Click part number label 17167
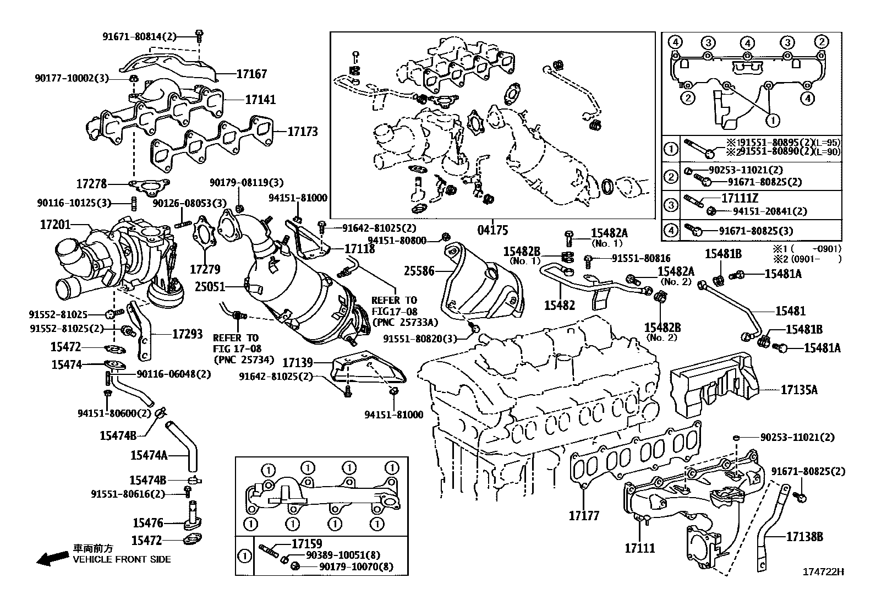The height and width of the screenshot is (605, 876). tap(251, 74)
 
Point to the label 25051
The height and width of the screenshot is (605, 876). tap(210, 286)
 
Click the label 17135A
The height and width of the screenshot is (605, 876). tap(798, 390)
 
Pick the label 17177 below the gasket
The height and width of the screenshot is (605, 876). tap(584, 516)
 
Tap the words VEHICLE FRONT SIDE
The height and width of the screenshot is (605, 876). tap(122, 559)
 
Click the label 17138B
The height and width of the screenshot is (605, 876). tap(804, 536)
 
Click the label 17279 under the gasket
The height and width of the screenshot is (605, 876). tap(205, 269)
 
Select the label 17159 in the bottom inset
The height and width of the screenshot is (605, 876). tap(307, 544)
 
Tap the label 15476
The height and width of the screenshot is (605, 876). tap(147, 522)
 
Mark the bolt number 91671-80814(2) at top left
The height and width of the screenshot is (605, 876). tap(140, 36)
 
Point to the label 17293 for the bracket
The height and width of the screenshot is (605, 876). tap(187, 334)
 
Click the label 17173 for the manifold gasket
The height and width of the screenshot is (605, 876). tap(303, 132)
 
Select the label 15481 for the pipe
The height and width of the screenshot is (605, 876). tap(790, 311)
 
